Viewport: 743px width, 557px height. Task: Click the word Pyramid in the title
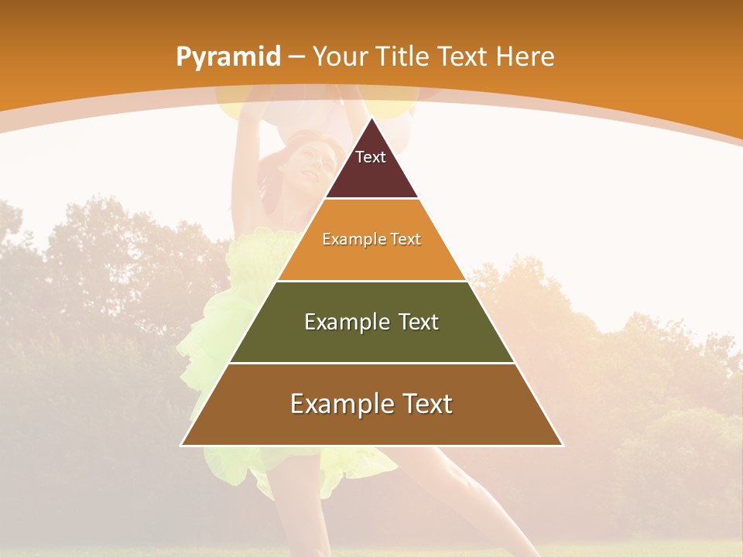228,57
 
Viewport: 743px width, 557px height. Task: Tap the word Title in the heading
402,56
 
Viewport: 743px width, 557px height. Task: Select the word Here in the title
525,56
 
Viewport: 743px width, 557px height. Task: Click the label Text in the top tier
371,157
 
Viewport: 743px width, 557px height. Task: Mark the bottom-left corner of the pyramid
182,445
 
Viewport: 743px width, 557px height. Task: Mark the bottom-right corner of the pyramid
562,445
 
